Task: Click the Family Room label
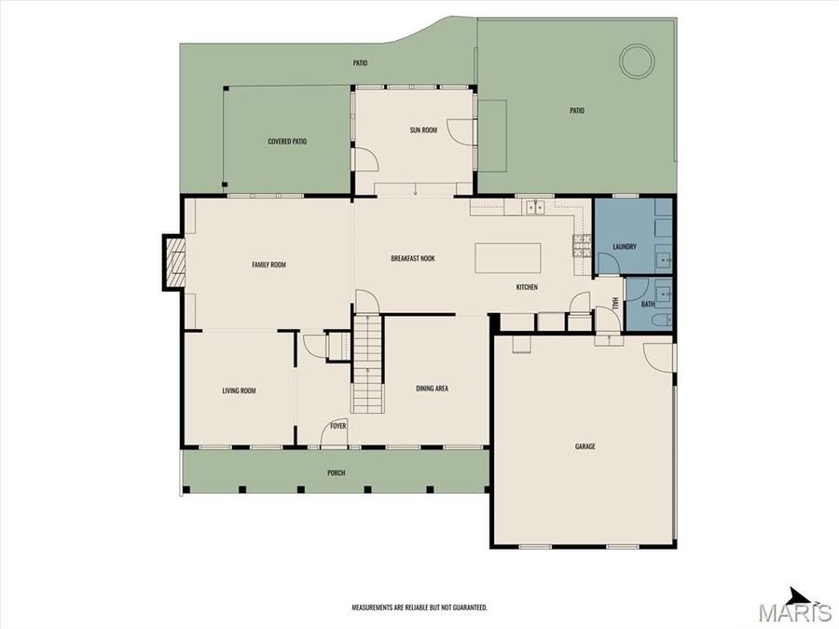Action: click(x=268, y=265)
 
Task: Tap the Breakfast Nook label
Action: click(x=413, y=258)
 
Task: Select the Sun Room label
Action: click(x=423, y=130)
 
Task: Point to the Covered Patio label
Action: click(x=287, y=142)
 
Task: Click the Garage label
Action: click(x=585, y=447)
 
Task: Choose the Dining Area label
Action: click(x=433, y=388)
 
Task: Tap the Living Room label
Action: click(x=239, y=390)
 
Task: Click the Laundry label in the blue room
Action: click(x=625, y=247)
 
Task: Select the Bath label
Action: click(x=647, y=305)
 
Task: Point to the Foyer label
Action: click(x=337, y=426)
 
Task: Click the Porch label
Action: click(x=336, y=472)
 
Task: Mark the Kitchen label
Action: click(x=527, y=287)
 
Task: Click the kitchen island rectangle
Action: click(x=507, y=258)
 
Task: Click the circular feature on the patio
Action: click(x=638, y=62)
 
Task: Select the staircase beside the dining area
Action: click(x=366, y=363)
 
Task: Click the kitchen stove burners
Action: click(x=581, y=245)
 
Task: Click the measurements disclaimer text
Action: click(x=419, y=608)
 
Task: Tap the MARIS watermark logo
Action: click(x=794, y=613)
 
